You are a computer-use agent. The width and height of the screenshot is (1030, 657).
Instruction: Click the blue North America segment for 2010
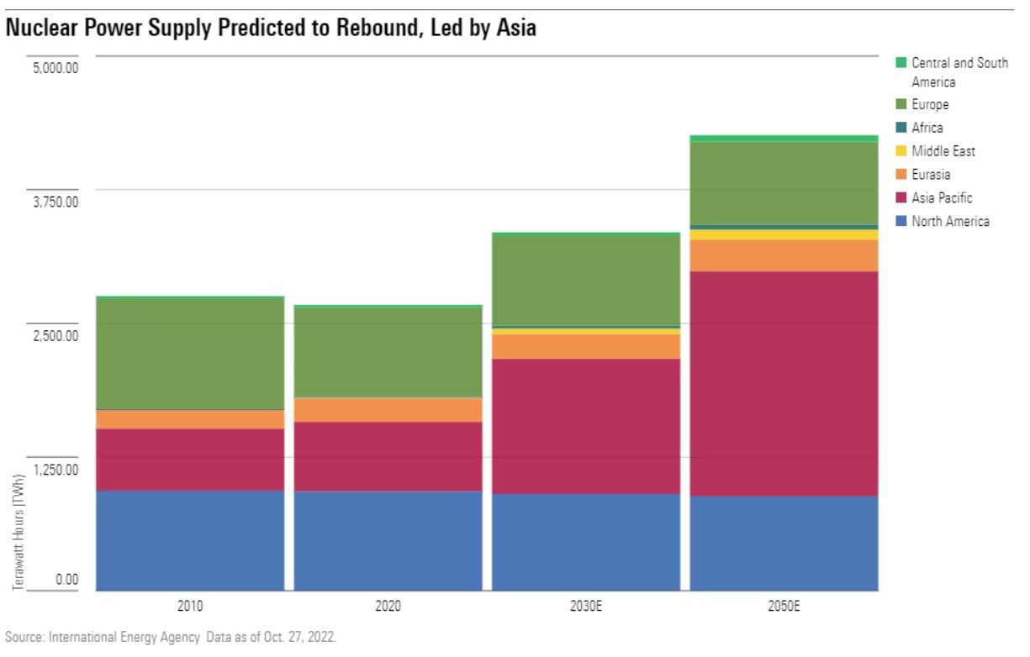(190, 540)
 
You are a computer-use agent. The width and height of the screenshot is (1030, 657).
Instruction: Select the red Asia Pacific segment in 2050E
(784, 383)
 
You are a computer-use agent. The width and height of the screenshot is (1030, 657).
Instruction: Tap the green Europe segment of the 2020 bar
(388, 352)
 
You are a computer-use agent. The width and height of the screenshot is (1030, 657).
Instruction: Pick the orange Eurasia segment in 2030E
(586, 346)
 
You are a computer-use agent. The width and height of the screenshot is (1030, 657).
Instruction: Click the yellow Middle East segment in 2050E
(784, 234)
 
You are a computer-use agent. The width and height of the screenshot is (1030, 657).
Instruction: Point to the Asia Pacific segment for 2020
(388, 456)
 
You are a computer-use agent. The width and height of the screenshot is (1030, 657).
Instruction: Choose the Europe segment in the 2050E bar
(784, 183)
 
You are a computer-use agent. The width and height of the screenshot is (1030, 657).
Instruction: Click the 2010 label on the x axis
(190, 605)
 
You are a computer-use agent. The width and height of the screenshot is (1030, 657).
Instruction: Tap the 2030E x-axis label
(586, 605)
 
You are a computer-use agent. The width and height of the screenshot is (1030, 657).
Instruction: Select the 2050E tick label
(784, 605)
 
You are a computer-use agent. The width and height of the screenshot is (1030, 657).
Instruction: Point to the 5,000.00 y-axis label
(55, 67)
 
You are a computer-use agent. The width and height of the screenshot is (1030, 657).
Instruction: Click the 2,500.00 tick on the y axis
(55, 335)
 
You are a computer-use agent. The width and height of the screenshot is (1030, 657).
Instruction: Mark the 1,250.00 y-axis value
(55, 469)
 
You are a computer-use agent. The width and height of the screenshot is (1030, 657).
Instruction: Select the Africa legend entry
(927, 128)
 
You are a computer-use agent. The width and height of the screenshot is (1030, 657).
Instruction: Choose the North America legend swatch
(901, 222)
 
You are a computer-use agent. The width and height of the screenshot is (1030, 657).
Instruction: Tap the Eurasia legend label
(931, 175)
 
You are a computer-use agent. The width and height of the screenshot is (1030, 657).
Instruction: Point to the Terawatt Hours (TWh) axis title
(18, 532)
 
